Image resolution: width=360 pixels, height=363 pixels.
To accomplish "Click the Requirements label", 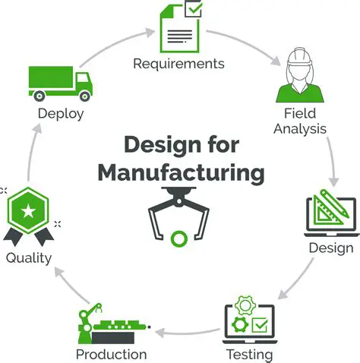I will click(178, 64).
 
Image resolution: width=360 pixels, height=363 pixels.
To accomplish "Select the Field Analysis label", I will click(300, 121).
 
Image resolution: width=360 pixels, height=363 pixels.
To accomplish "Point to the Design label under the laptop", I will click(330, 248).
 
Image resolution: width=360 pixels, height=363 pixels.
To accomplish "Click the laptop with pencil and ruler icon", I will click(330, 215).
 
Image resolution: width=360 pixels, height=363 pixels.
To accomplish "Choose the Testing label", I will click(249, 354).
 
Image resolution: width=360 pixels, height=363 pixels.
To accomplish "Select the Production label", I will click(111, 354).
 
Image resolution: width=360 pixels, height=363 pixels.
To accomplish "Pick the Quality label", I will click(29, 257).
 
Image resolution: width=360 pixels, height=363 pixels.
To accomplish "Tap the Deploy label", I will click(60, 114).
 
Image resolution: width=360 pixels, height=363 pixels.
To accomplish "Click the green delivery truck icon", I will click(60, 81).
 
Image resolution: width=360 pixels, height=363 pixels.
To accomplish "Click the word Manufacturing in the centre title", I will click(181, 172).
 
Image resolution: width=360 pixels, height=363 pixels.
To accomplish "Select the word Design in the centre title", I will click(156, 144).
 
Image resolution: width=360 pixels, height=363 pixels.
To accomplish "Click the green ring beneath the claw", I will click(179, 239).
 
